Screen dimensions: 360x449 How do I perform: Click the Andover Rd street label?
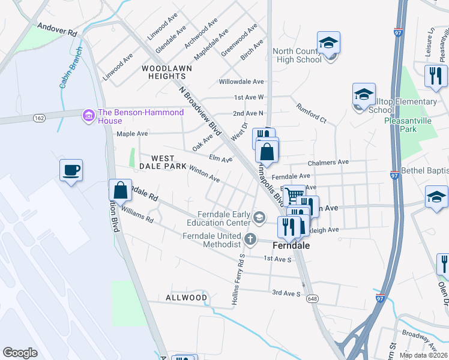(58, 29)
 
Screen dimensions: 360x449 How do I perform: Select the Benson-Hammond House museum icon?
(89, 114)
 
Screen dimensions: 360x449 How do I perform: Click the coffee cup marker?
(71, 170)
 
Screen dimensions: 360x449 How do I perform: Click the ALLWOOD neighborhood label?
(187, 298)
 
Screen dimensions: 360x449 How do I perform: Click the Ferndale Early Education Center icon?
(259, 217)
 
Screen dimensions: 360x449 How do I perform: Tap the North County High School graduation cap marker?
(328, 43)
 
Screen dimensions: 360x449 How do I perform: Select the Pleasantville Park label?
(408, 124)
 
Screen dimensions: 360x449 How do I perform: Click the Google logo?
(20, 353)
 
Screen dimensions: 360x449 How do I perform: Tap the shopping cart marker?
(294, 196)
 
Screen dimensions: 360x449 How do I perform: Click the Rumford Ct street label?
(310, 113)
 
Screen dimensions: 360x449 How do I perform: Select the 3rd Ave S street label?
(286, 293)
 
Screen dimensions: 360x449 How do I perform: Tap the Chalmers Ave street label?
(328, 163)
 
